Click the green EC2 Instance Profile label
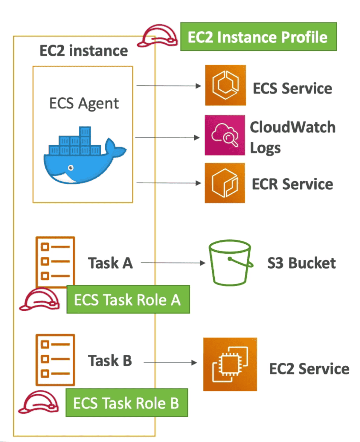click(258, 37)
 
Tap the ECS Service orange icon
click(225, 85)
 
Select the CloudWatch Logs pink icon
click(225, 135)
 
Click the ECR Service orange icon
click(225, 183)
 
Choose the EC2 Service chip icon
click(230, 364)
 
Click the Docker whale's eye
click(71, 168)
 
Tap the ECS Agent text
click(84, 104)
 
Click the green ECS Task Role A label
click(128, 300)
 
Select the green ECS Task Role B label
click(126, 403)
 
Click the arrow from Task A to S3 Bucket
click(173, 263)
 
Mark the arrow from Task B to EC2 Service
click(170, 363)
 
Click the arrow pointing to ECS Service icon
click(169, 86)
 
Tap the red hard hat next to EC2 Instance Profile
click(158, 36)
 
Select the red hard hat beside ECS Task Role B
click(39, 402)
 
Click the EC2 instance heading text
click(84, 51)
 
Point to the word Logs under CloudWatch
click(265, 148)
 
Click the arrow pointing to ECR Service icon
click(169, 183)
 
